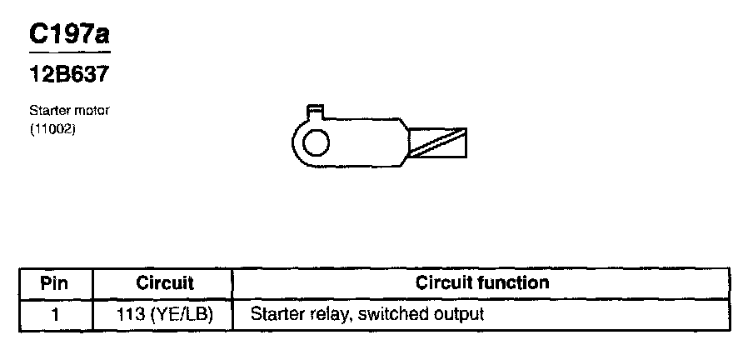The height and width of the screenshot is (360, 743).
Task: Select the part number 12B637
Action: click(x=70, y=74)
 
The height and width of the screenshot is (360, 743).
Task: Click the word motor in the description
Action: click(x=91, y=110)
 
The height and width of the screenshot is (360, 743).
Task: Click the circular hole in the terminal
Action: click(x=316, y=143)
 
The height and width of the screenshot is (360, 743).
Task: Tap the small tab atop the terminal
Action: click(x=315, y=109)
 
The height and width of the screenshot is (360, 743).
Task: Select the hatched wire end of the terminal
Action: click(x=436, y=142)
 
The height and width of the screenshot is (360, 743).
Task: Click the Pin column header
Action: click(x=55, y=283)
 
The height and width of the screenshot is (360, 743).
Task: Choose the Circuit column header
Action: click(x=164, y=283)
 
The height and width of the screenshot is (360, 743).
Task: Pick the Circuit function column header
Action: click(x=482, y=283)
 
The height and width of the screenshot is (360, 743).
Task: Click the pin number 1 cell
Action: click(x=55, y=315)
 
